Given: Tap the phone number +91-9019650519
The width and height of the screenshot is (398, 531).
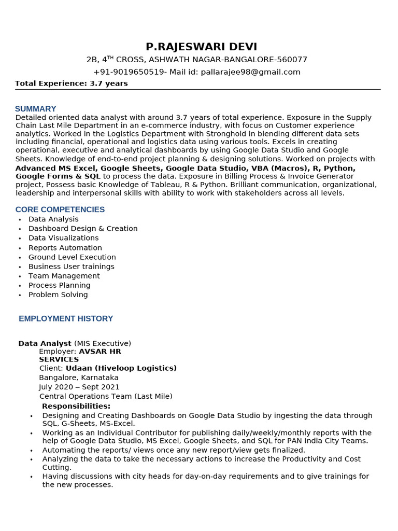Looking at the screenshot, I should click(x=130, y=72).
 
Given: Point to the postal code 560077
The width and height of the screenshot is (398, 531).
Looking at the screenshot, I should click(x=292, y=60).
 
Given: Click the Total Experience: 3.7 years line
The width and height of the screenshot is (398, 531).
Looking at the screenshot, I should click(x=72, y=83).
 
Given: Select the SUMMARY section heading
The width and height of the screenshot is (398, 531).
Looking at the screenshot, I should click(x=35, y=109).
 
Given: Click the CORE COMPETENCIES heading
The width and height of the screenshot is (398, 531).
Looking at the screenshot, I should click(x=60, y=209).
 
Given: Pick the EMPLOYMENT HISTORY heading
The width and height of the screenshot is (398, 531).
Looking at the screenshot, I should click(x=66, y=318).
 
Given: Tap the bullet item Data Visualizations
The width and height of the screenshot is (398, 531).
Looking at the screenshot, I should click(x=63, y=238).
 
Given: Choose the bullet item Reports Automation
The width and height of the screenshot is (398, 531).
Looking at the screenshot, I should click(x=65, y=248).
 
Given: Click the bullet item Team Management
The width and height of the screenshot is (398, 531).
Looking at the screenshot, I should click(x=64, y=276).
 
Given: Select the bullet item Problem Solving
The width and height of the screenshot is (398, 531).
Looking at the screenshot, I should click(x=58, y=295).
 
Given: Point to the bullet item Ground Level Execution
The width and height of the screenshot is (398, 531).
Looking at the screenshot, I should click(x=72, y=257).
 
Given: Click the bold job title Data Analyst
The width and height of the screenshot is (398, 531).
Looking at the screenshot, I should click(x=45, y=343).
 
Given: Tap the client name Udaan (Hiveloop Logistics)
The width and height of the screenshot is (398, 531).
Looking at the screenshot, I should click(x=121, y=368).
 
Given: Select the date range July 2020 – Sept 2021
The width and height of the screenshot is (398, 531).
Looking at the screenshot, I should click(x=79, y=387).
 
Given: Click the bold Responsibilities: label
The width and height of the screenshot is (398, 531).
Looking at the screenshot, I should click(x=76, y=406).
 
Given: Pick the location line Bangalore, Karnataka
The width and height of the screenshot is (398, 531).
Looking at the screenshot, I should click(x=79, y=378).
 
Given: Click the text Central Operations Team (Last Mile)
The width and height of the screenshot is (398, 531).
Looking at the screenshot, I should click(x=106, y=396).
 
